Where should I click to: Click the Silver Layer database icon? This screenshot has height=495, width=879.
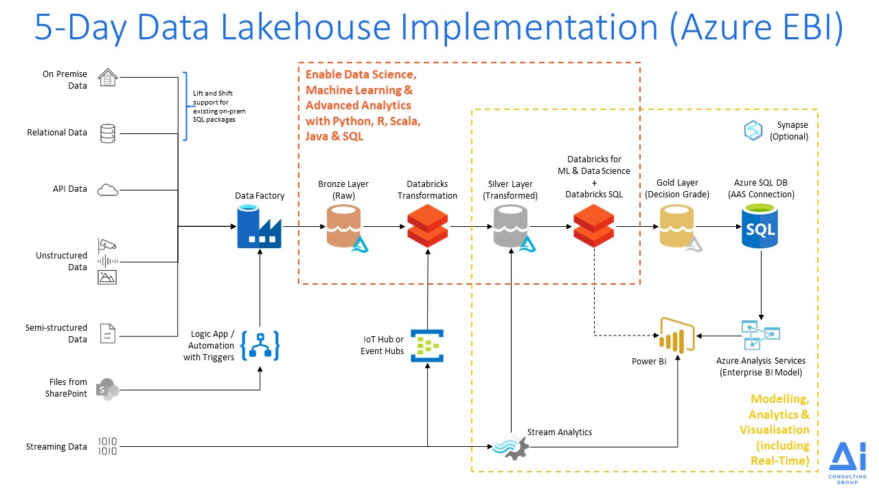(x=512, y=228)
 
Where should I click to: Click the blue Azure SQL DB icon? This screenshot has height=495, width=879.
(x=760, y=228)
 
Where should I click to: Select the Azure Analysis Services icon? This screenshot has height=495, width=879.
(x=760, y=335)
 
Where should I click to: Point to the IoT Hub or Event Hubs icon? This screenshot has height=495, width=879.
(x=427, y=345)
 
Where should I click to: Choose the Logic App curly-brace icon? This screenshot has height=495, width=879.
(x=260, y=345)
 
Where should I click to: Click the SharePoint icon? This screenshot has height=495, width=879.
(x=108, y=388)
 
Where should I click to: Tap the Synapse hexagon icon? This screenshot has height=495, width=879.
(x=753, y=131)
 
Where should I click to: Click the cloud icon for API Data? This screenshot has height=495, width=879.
(x=108, y=189)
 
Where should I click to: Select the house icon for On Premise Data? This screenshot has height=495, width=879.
(x=108, y=78)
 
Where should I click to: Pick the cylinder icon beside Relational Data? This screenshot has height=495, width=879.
(x=108, y=133)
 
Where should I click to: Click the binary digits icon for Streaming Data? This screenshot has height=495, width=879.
(x=108, y=446)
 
